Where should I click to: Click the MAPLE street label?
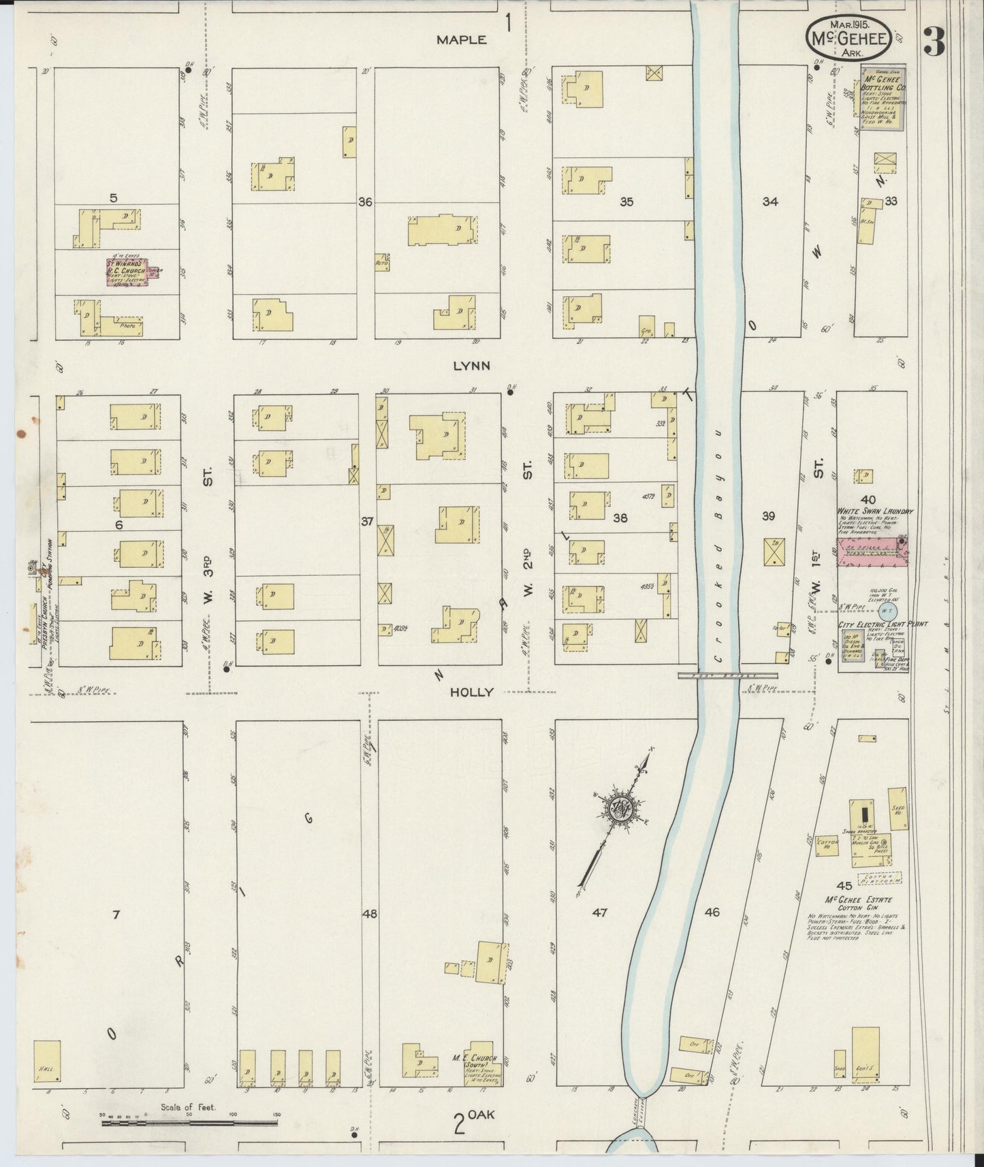[461, 40]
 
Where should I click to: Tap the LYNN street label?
[472, 366]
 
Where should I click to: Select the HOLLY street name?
[471, 692]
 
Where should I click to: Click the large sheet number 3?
[934, 44]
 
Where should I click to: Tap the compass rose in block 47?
[622, 809]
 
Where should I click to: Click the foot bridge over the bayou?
[727, 675]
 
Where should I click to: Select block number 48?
[370, 914]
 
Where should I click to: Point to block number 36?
[366, 202]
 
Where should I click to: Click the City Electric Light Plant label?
[882, 624]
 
